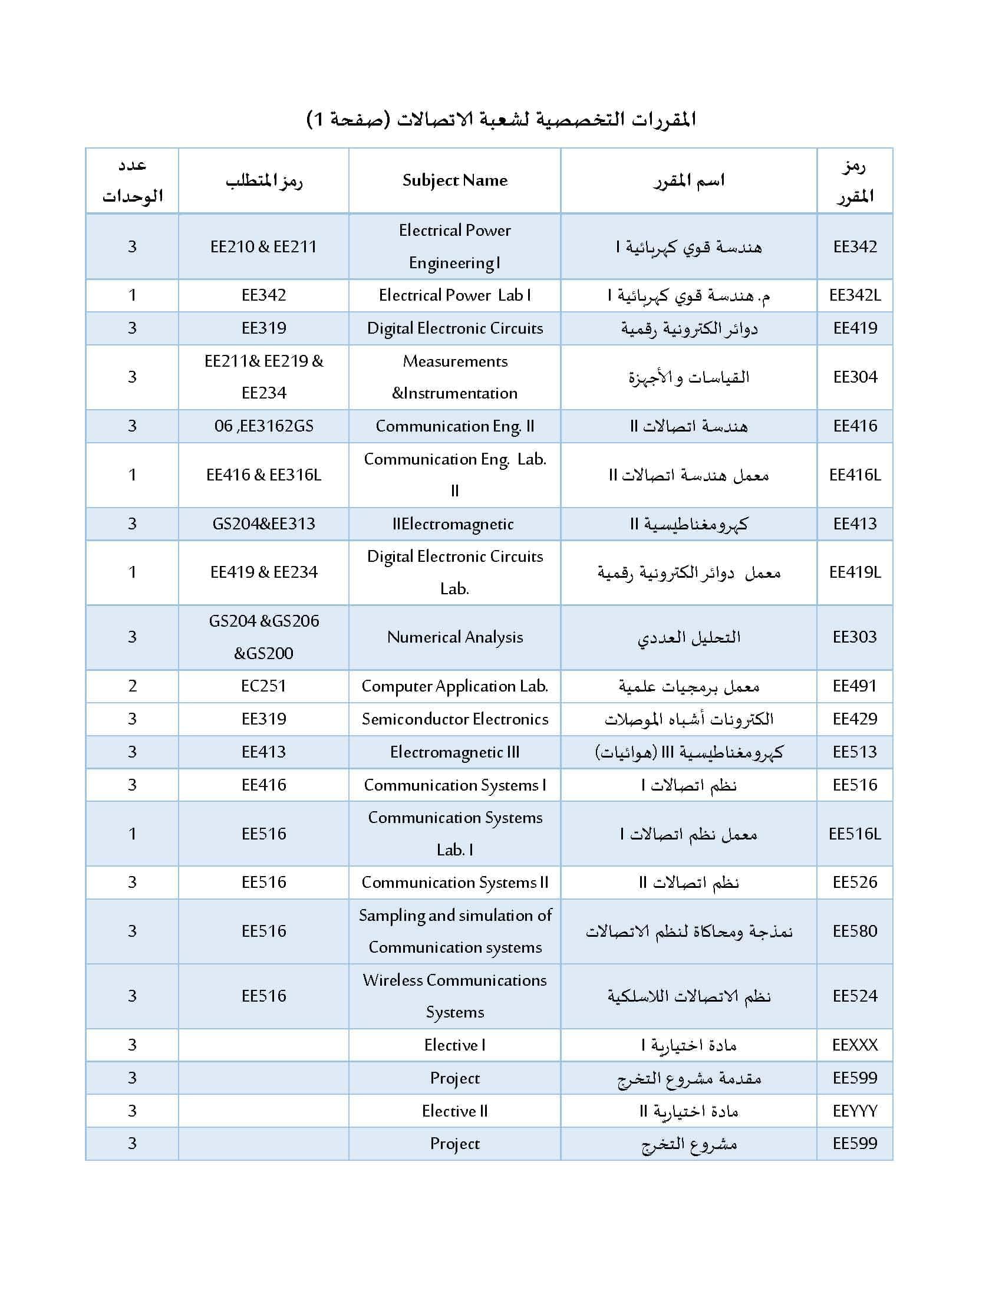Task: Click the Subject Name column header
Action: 454,180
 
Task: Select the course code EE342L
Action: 855,295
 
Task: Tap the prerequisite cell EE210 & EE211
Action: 263,246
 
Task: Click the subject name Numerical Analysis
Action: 454,637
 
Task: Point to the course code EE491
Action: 855,686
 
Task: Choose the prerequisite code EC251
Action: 263,686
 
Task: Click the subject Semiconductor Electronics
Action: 454,719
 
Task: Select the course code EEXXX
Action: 855,1045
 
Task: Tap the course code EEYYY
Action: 855,1111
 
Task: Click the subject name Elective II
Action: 454,1111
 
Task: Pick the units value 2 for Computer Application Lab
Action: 133,686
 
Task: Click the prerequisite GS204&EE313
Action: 263,524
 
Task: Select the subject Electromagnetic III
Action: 454,752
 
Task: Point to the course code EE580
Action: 855,930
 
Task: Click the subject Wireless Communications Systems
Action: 454,996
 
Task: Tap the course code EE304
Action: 855,377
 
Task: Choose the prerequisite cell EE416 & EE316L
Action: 263,475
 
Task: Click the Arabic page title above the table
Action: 501,119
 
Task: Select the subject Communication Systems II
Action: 454,882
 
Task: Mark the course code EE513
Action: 855,752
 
